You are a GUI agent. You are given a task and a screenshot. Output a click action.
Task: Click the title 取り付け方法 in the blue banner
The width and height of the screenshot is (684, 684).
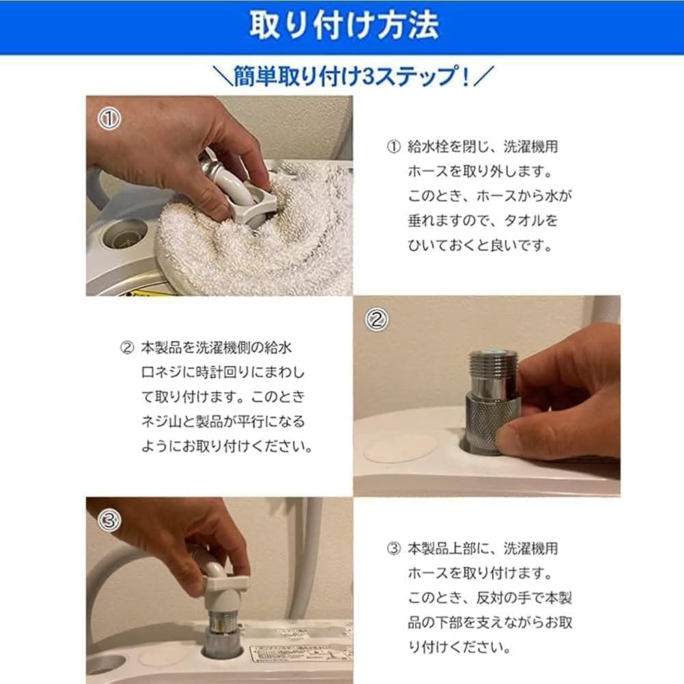point(342,26)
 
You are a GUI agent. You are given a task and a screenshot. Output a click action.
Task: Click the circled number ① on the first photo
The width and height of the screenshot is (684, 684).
point(109,119)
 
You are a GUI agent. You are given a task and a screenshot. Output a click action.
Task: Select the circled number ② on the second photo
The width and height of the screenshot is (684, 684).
point(376,319)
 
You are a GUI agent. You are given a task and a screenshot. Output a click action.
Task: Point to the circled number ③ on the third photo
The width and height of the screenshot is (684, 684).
point(110,521)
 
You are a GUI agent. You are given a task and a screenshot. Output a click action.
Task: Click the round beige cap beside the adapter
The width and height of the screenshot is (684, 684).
point(400,448)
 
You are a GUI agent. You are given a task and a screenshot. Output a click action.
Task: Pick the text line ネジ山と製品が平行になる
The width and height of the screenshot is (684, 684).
point(223,421)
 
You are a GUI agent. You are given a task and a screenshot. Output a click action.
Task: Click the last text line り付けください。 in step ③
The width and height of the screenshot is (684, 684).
point(459,646)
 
